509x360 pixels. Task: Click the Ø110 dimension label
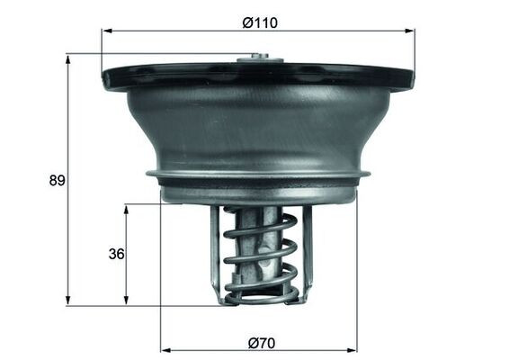(259, 22)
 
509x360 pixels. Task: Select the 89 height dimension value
(56, 181)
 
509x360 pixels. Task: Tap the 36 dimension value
(115, 255)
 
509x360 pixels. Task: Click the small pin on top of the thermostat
(261, 60)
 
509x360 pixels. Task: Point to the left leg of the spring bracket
(216, 252)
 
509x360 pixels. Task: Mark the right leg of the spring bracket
(306, 252)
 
